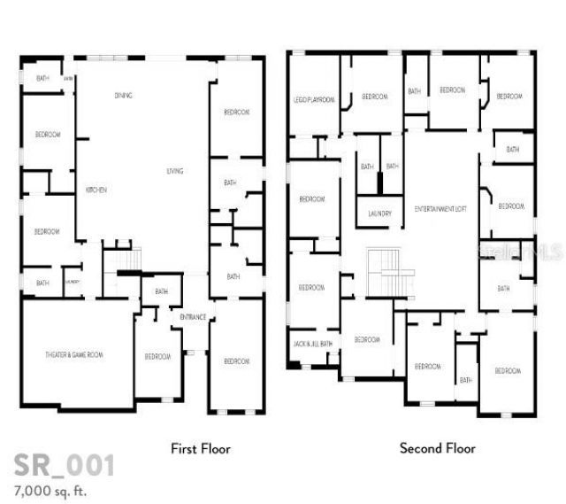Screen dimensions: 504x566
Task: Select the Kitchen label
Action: click(96, 190)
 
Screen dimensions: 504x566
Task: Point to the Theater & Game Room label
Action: click(74, 354)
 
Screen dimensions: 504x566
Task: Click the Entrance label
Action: click(193, 317)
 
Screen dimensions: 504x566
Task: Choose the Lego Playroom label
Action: click(313, 100)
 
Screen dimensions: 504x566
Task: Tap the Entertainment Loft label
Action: click(440, 208)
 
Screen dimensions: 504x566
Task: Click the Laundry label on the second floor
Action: click(379, 213)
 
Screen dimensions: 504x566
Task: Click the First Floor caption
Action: click(200, 449)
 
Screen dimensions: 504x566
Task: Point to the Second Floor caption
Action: click(437, 449)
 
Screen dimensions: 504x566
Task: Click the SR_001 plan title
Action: click(64, 465)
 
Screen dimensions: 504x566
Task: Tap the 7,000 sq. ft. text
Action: click(50, 489)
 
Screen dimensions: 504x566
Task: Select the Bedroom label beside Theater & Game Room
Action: click(157, 356)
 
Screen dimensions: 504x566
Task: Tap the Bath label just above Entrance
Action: click(162, 291)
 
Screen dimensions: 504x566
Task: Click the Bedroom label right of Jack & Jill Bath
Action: click(367, 339)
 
